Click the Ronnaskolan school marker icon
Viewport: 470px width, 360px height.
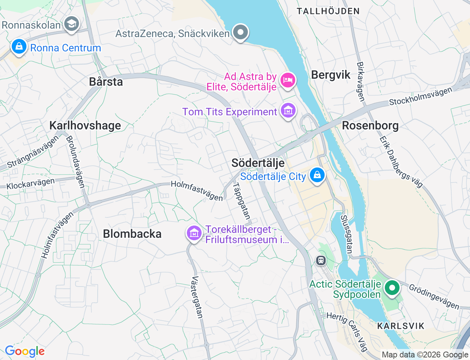tap(72, 24)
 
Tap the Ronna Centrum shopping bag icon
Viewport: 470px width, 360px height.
tap(18, 47)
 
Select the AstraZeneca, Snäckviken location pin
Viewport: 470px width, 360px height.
tap(241, 32)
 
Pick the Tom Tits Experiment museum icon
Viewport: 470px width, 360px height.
tap(288, 111)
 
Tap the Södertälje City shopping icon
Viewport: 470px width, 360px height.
tap(317, 175)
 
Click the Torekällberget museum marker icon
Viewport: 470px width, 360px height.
tap(194, 233)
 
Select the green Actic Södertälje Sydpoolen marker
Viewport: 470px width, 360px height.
tap(392, 288)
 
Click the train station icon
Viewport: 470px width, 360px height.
tap(321, 260)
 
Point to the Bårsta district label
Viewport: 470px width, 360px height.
tap(106, 82)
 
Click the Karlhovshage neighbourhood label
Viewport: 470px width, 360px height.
tap(85, 126)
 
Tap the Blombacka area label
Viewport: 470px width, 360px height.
tap(132, 234)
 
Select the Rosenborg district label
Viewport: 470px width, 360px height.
tap(370, 126)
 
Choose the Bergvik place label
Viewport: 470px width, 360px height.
tap(331, 75)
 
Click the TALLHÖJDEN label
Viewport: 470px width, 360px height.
tap(328, 11)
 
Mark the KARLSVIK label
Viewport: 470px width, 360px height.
tap(401, 326)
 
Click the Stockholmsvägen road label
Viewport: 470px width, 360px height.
tap(421, 96)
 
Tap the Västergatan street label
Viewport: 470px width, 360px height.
tap(197, 297)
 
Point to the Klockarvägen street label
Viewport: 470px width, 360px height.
tap(30, 184)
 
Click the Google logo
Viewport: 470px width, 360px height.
tap(25, 352)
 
